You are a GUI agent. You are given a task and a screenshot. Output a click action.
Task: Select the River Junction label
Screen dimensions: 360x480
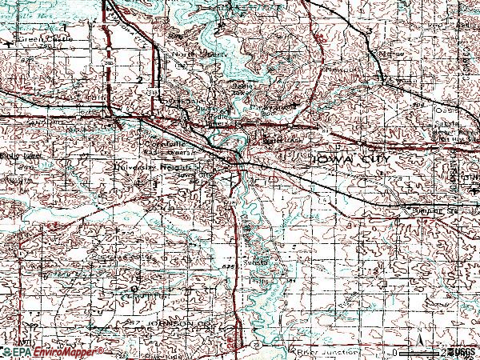[317, 350]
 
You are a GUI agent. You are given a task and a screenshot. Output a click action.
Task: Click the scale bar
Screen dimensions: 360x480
[415, 352]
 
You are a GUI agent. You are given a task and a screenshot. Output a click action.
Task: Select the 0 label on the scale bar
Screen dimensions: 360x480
[394, 351]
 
